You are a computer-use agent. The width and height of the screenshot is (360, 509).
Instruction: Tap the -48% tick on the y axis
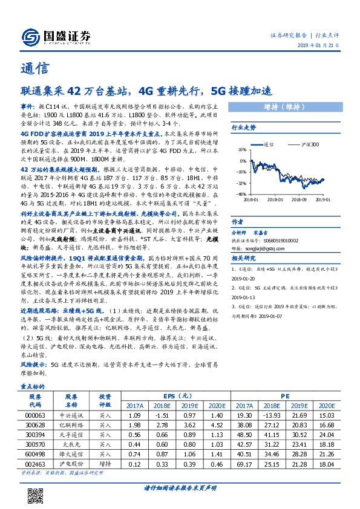click(x=242, y=195)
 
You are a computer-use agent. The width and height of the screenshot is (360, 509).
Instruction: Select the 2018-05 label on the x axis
click(x=275, y=198)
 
